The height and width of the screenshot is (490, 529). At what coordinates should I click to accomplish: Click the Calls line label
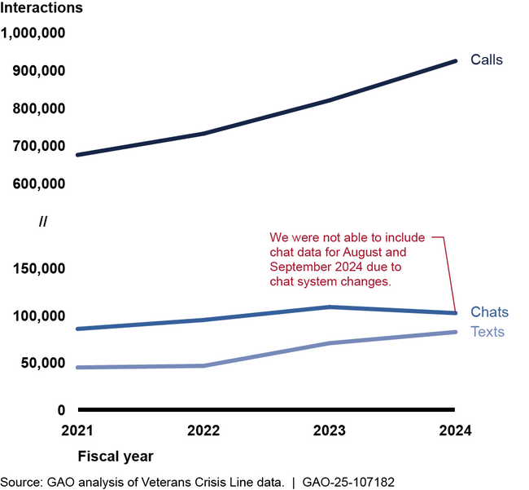(x=487, y=60)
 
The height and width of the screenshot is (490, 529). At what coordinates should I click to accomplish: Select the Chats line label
(x=489, y=312)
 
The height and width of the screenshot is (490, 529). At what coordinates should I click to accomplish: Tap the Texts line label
(x=487, y=332)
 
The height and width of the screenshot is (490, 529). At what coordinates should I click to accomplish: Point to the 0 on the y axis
(x=61, y=410)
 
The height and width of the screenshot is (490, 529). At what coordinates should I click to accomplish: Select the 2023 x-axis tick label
(x=330, y=430)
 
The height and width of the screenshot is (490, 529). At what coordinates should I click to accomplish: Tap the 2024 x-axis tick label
(x=455, y=430)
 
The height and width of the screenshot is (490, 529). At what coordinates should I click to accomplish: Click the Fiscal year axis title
(x=115, y=455)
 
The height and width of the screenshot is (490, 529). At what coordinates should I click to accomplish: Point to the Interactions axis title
(x=42, y=9)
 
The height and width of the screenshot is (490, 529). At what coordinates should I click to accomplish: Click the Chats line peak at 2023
(x=330, y=307)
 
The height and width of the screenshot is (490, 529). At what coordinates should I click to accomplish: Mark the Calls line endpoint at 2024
(x=455, y=61)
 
